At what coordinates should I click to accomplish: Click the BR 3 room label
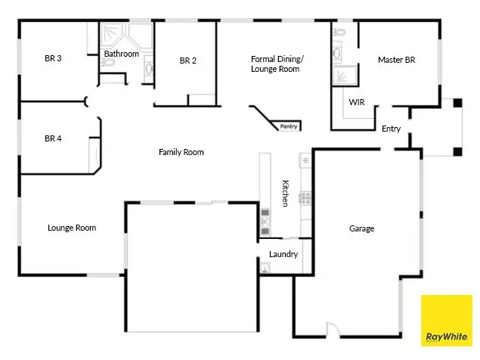point(52,57)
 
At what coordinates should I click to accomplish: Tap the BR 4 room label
point(52,138)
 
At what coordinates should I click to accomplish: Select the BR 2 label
point(188,61)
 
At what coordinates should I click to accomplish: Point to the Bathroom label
point(121,54)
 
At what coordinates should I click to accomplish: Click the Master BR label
point(396,59)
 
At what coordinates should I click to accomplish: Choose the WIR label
point(357,101)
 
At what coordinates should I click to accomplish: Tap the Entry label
point(391,129)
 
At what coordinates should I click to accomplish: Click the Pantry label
point(288,126)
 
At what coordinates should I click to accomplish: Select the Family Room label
point(181,152)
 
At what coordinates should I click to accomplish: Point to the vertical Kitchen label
point(285,194)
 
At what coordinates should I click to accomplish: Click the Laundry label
point(283,254)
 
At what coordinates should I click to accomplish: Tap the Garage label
point(361,228)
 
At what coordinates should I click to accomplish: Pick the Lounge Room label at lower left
point(72,228)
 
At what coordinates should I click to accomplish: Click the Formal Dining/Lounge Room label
point(275,64)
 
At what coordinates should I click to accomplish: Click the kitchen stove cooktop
point(306,199)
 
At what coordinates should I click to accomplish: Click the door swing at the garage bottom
point(331,329)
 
